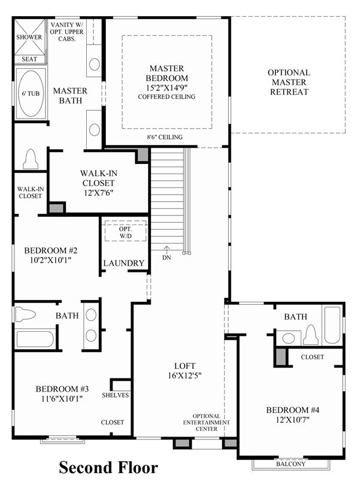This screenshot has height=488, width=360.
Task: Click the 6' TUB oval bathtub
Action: click(x=31, y=93)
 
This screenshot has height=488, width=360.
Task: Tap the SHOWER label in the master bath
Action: click(x=29, y=37)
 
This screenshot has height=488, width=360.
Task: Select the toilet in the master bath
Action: click(x=31, y=159)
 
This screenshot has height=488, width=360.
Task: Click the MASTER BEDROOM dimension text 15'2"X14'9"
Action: click(x=167, y=87)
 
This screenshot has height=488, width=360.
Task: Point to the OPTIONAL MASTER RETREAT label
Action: click(x=289, y=82)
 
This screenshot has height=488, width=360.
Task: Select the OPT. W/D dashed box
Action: click(x=126, y=231)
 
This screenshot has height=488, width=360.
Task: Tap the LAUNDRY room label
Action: click(x=123, y=263)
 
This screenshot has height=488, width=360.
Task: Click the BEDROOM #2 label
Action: click(x=51, y=250)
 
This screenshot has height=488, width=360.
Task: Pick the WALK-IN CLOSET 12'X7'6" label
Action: click(x=98, y=183)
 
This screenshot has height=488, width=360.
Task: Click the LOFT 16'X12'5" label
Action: click(x=184, y=371)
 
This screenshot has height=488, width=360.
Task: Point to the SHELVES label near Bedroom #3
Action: click(x=115, y=395)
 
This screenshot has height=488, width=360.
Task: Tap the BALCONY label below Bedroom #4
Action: click(x=291, y=464)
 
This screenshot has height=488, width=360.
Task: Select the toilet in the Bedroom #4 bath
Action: click(x=310, y=335)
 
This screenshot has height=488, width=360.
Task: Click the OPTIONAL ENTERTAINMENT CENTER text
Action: click(x=207, y=422)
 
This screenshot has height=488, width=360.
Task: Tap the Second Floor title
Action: click(x=108, y=468)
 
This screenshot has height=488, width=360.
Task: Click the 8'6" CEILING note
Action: click(x=165, y=137)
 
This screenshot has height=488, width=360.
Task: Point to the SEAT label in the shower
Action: click(x=29, y=59)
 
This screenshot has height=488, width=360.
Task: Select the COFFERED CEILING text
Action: click(x=167, y=97)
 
